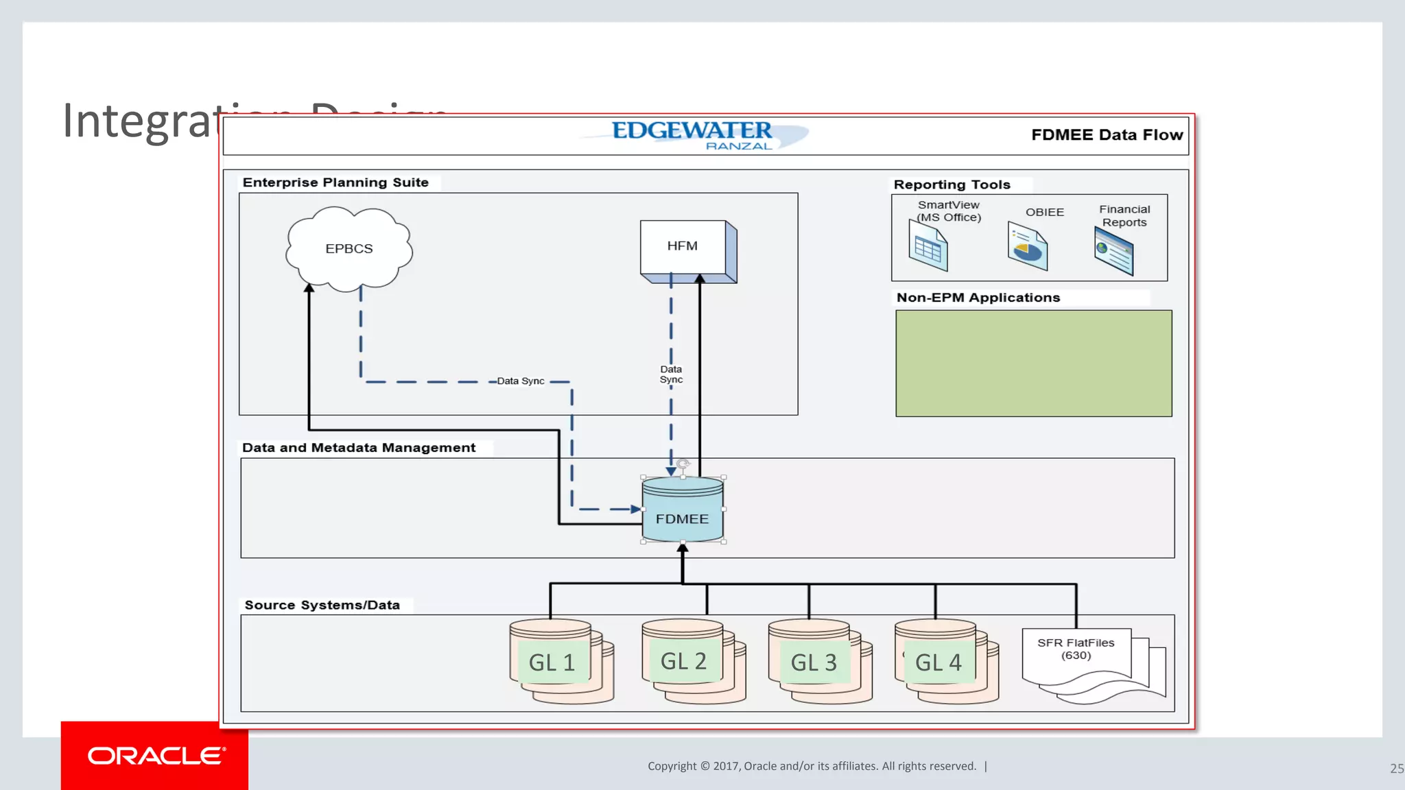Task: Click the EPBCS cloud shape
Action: point(349,249)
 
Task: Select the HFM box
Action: point(683,246)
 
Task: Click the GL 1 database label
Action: point(552,662)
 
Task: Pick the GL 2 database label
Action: point(683,661)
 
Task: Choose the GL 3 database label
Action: point(814,662)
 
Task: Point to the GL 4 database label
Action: point(938,662)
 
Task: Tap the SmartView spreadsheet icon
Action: point(928,250)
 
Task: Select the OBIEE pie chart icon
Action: point(1027,248)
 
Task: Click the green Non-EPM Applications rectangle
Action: point(1033,363)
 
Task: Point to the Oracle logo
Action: point(156,756)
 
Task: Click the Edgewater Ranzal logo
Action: point(693,134)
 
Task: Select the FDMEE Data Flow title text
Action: point(1107,135)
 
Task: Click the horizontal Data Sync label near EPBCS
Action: point(520,381)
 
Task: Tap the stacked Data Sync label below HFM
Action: point(671,374)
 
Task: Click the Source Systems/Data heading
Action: point(322,605)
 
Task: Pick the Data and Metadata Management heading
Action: point(358,448)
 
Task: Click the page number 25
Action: point(1396,769)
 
